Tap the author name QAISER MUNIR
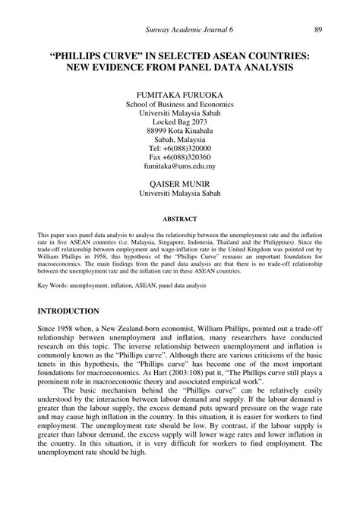pos(180,183)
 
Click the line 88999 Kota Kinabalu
pos(180,131)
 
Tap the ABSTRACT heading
pos(180,220)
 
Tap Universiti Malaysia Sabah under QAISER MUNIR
pos(180,194)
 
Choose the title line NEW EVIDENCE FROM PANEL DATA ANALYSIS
pos(180,68)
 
